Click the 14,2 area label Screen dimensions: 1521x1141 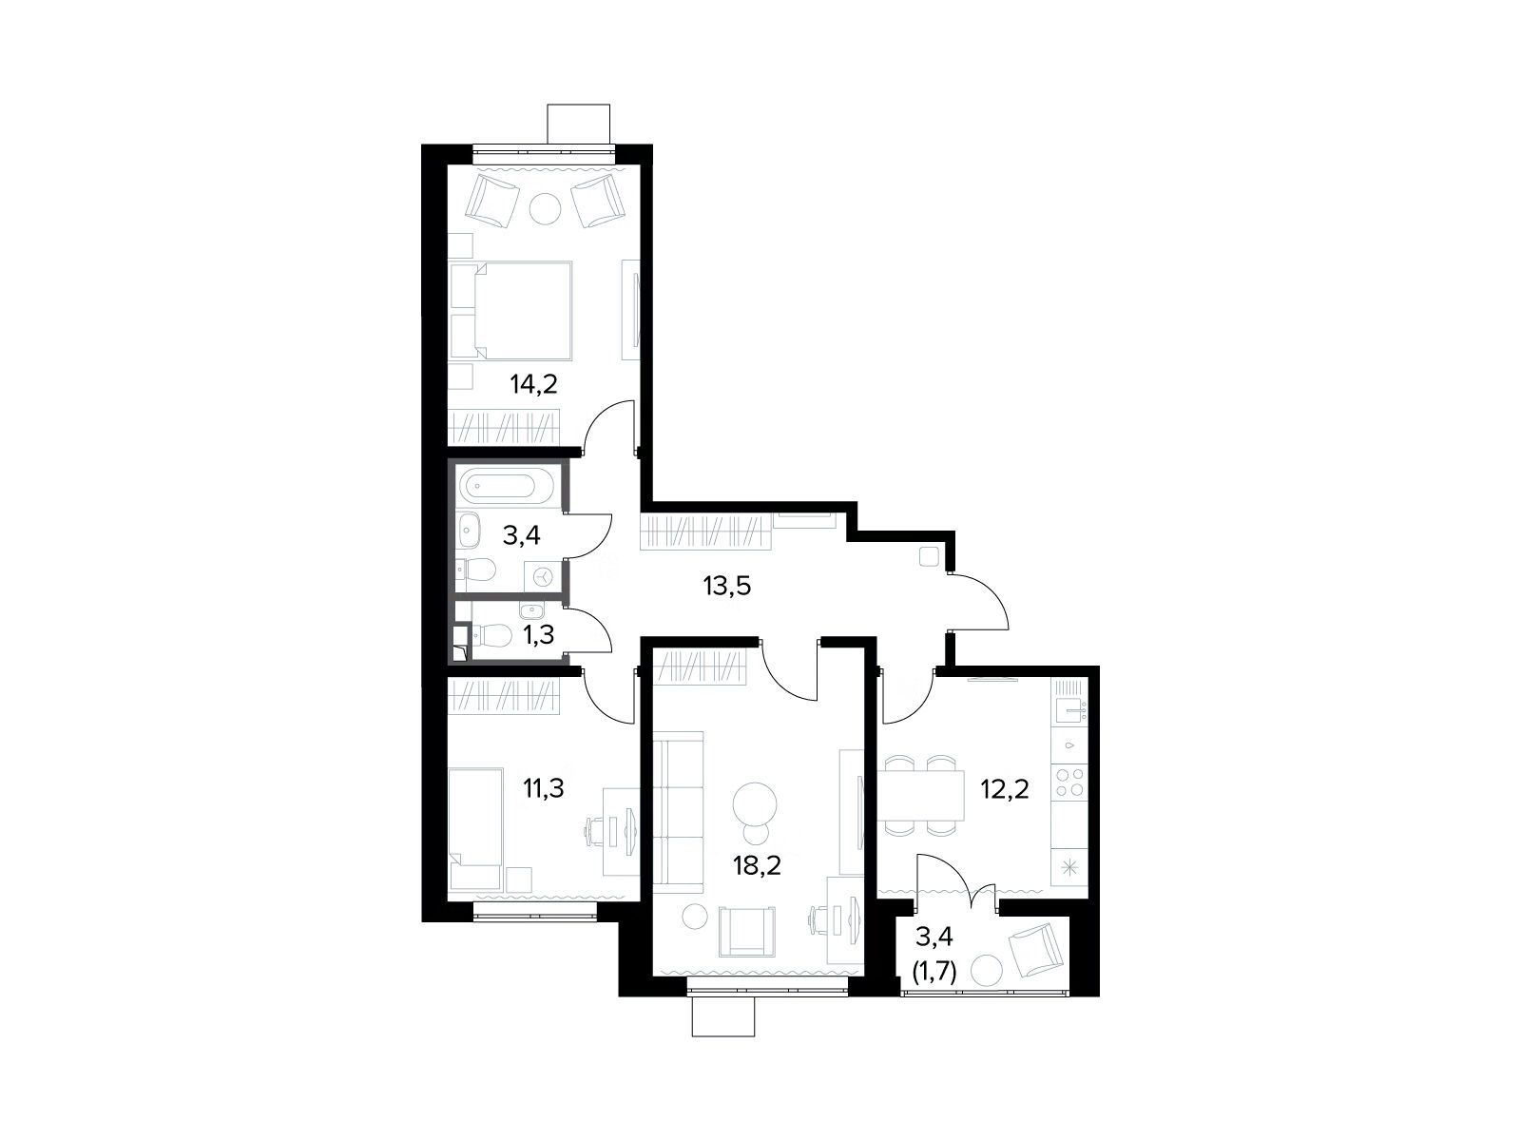(x=533, y=383)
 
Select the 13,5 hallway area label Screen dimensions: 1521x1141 (x=727, y=586)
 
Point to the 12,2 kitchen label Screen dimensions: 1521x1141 (x=1005, y=788)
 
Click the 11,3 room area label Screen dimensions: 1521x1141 (x=543, y=787)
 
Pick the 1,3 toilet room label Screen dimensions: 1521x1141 (x=538, y=634)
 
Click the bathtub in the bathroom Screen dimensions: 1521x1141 (x=507, y=487)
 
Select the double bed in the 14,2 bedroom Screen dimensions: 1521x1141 (x=511, y=310)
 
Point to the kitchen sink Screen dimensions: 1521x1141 (x=1069, y=711)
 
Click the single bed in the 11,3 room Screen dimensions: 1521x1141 (x=475, y=828)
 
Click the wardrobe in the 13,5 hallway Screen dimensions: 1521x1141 (x=705, y=532)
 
